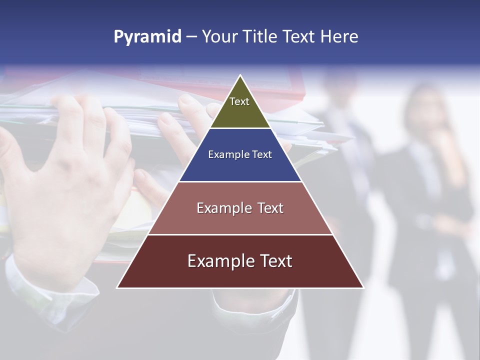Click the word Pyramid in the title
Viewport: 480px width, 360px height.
147,37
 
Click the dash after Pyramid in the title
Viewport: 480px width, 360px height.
191,37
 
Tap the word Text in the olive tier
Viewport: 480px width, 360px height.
239,101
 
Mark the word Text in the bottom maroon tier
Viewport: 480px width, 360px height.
274,261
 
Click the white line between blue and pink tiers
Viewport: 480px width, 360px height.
240,181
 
